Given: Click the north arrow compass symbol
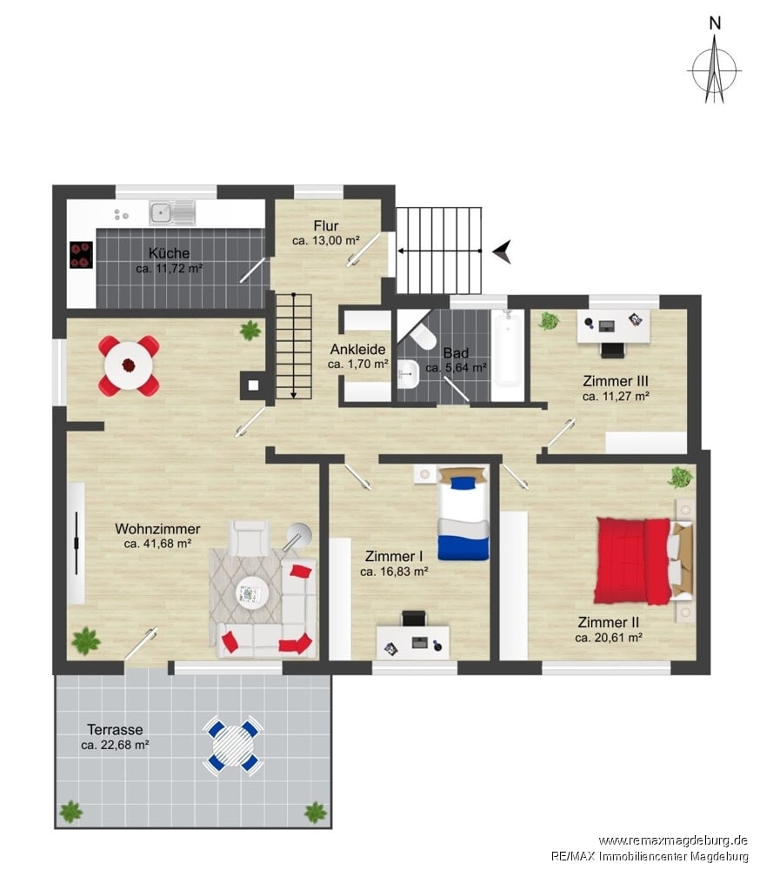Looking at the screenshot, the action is [715, 70].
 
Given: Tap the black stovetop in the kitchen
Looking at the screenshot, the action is [81, 255].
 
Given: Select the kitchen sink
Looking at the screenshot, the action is [172, 212].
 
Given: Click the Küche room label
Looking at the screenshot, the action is [169, 253].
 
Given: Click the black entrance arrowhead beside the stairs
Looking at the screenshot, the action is [503, 251].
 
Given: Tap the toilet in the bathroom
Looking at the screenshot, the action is [423, 336].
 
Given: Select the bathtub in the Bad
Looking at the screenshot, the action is [508, 349].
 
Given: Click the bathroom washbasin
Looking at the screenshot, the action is [409, 373].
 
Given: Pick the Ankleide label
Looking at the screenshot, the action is [357, 350].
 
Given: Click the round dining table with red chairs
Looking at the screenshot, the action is [130, 365].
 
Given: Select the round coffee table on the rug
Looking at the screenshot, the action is [252, 593].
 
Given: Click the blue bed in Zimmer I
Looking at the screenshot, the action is [463, 513].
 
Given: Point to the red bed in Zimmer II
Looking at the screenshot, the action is [644, 560].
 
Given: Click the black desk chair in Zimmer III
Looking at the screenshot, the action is [611, 350].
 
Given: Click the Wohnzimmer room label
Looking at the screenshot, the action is [157, 529].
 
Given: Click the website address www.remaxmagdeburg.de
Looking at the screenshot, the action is [673, 840].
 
